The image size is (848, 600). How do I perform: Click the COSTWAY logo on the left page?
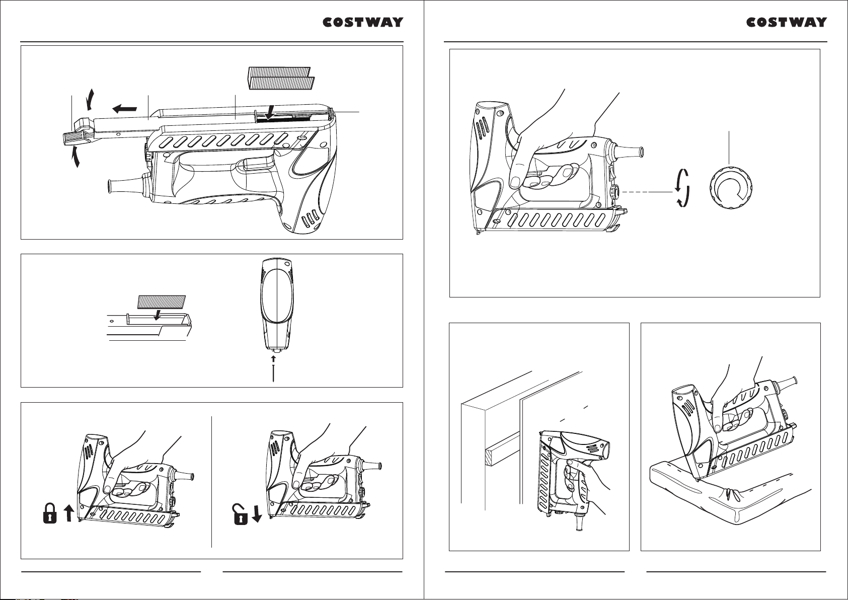coord(363,22)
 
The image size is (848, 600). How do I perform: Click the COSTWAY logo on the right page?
coord(787,22)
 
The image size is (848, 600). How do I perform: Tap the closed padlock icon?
coord(50,513)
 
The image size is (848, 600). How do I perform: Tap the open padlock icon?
coord(241,514)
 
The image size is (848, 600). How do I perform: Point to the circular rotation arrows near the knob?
coord(682,188)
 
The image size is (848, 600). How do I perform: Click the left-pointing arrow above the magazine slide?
coord(124,109)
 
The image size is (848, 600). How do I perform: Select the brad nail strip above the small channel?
coord(162,302)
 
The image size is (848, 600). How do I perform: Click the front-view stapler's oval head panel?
coord(277,295)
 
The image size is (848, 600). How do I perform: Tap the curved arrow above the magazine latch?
coord(90,99)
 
